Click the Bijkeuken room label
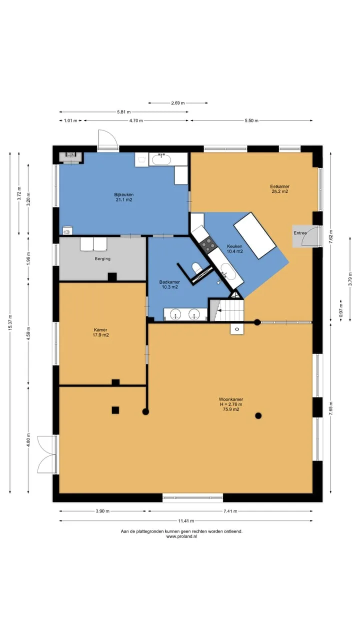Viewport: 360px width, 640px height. tap(124, 197)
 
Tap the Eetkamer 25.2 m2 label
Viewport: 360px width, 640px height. tap(279, 189)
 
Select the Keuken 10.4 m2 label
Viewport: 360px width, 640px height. tap(234, 249)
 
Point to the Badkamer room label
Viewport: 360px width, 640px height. tap(169, 284)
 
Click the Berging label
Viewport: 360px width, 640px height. tap(102, 258)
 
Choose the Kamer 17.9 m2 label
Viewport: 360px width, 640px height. tap(100, 332)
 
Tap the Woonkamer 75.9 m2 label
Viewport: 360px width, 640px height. tap(231, 404)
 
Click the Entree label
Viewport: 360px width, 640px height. tap(300, 233)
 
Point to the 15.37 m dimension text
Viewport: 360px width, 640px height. tap(10, 322)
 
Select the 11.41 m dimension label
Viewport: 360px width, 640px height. tap(186, 521)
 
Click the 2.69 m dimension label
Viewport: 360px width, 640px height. tap(177, 103)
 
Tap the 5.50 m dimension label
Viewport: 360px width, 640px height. tap(251, 120)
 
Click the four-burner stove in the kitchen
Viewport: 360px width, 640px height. tap(208, 245)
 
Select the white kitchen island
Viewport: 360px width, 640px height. tap(255, 235)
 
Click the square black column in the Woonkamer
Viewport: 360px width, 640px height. tap(115, 410)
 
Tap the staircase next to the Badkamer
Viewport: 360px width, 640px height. tap(226, 310)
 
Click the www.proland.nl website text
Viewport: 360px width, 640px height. tap(181, 536)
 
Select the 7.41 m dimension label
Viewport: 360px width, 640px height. tap(230, 511)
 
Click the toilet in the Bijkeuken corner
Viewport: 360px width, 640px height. tap(67, 231)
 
